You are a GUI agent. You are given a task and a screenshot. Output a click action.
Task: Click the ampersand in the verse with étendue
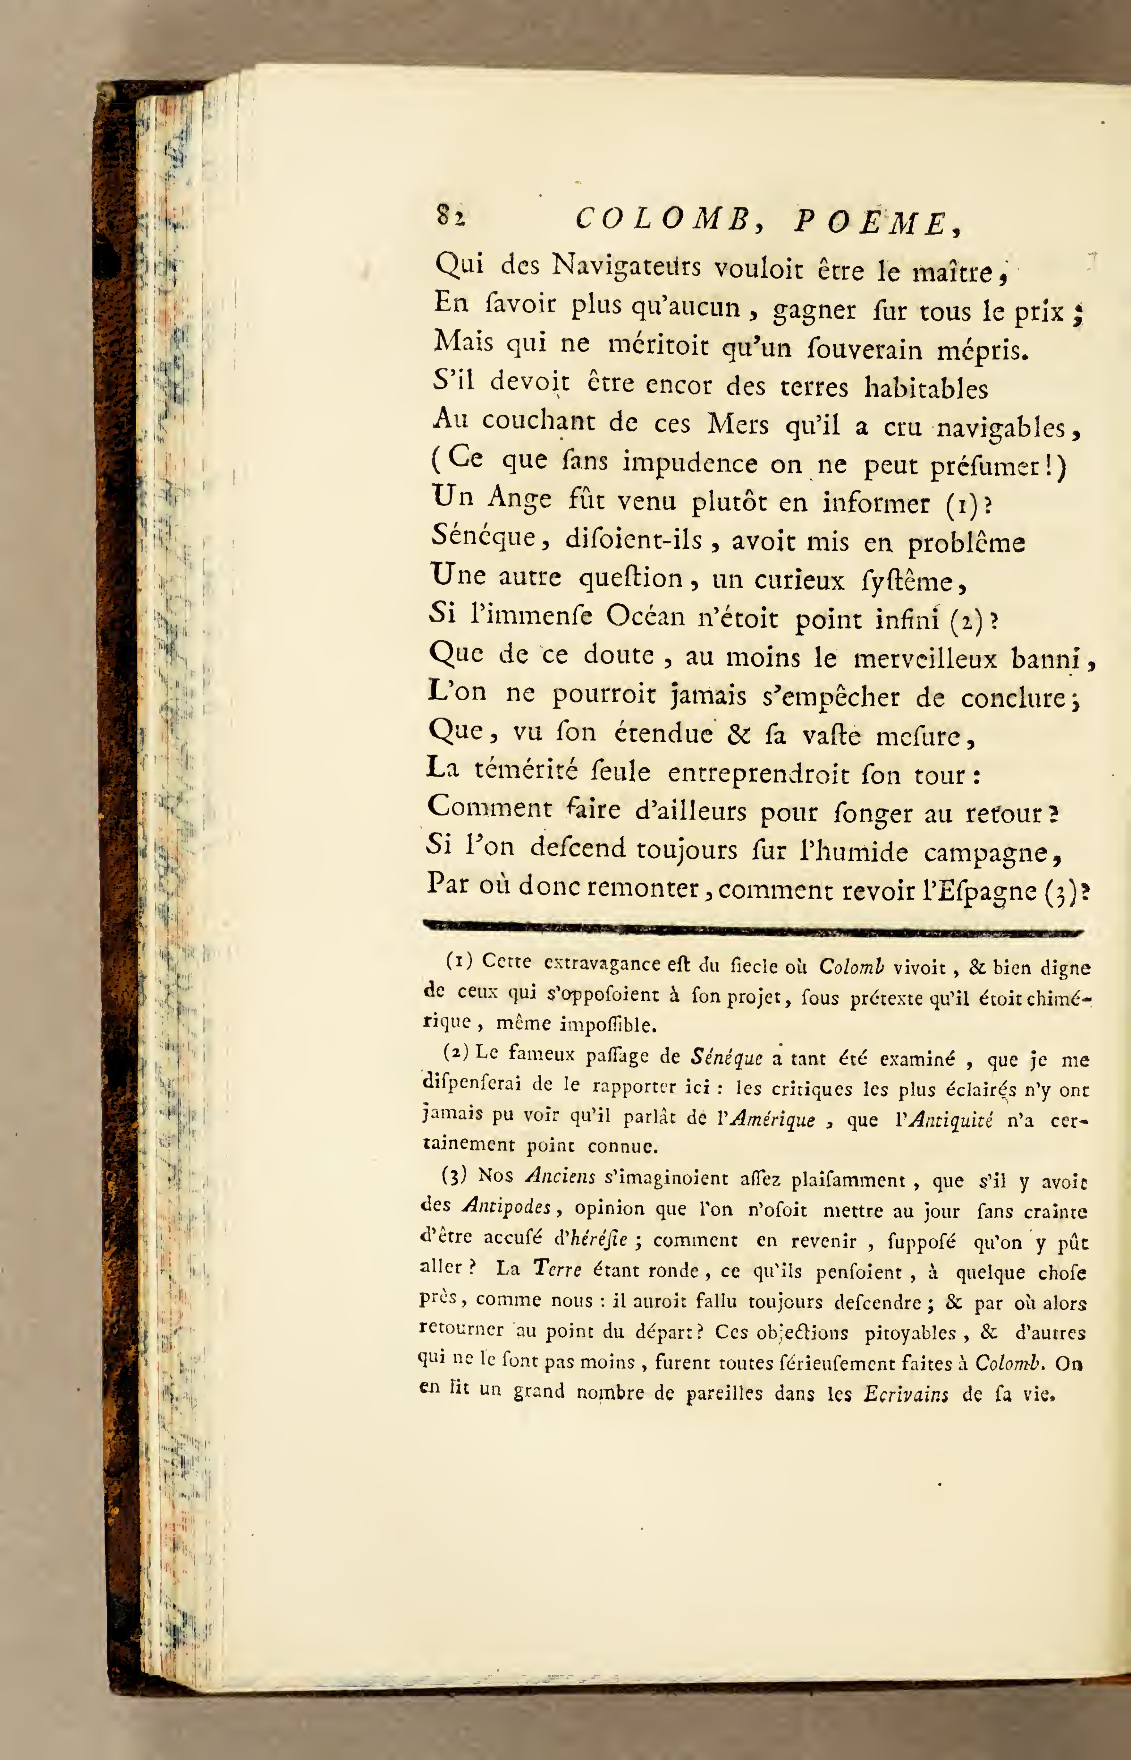coord(737,734)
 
